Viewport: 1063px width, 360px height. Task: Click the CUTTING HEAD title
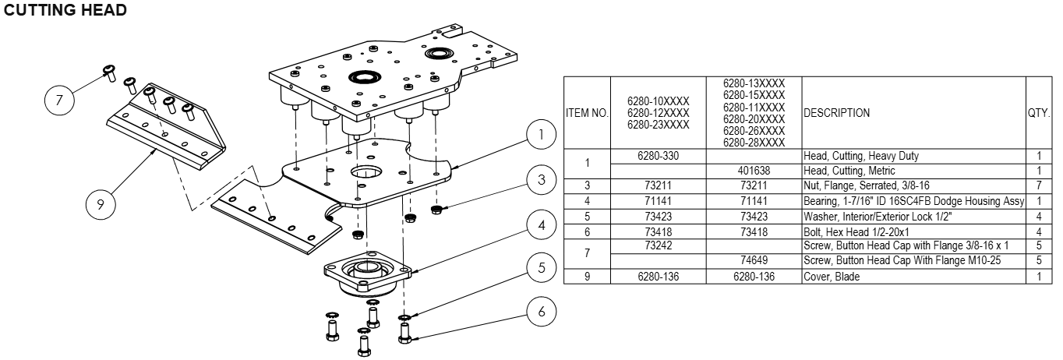click(x=65, y=12)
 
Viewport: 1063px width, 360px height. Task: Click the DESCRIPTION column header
click(x=837, y=113)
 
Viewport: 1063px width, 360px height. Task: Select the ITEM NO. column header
click(x=586, y=113)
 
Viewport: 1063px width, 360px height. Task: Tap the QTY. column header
click(x=1039, y=113)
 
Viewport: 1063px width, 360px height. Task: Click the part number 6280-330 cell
click(x=659, y=156)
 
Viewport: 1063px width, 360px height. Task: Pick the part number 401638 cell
click(x=754, y=171)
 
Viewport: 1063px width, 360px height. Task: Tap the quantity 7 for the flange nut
click(x=1039, y=185)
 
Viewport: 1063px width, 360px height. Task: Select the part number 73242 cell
click(x=659, y=245)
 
